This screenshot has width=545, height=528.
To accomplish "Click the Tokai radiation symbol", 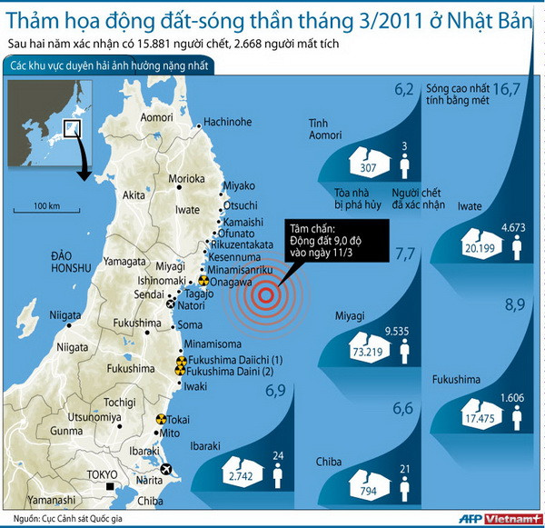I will pos(162,420).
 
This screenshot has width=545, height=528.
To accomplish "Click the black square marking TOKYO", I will pos(110,488).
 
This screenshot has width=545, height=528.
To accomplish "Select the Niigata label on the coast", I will pos(64,314).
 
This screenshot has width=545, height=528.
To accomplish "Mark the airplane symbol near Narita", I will pos(165,469).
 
